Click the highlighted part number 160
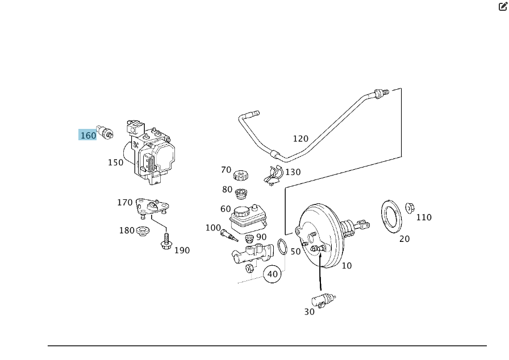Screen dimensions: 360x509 pyautogui.click(x=88, y=135)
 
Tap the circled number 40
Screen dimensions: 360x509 pyautogui.click(x=273, y=274)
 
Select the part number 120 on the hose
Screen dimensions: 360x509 pyautogui.click(x=301, y=139)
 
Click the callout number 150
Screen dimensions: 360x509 pyautogui.click(x=115, y=162)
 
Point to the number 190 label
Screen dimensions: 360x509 pyautogui.click(x=182, y=250)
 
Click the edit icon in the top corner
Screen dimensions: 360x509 pyautogui.click(x=503, y=7)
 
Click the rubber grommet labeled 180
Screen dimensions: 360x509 pyautogui.click(x=143, y=231)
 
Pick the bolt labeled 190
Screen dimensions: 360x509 pyautogui.click(x=166, y=242)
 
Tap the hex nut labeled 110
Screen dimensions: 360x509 pyautogui.click(x=410, y=208)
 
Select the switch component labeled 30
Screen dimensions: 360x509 pyautogui.click(x=323, y=300)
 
